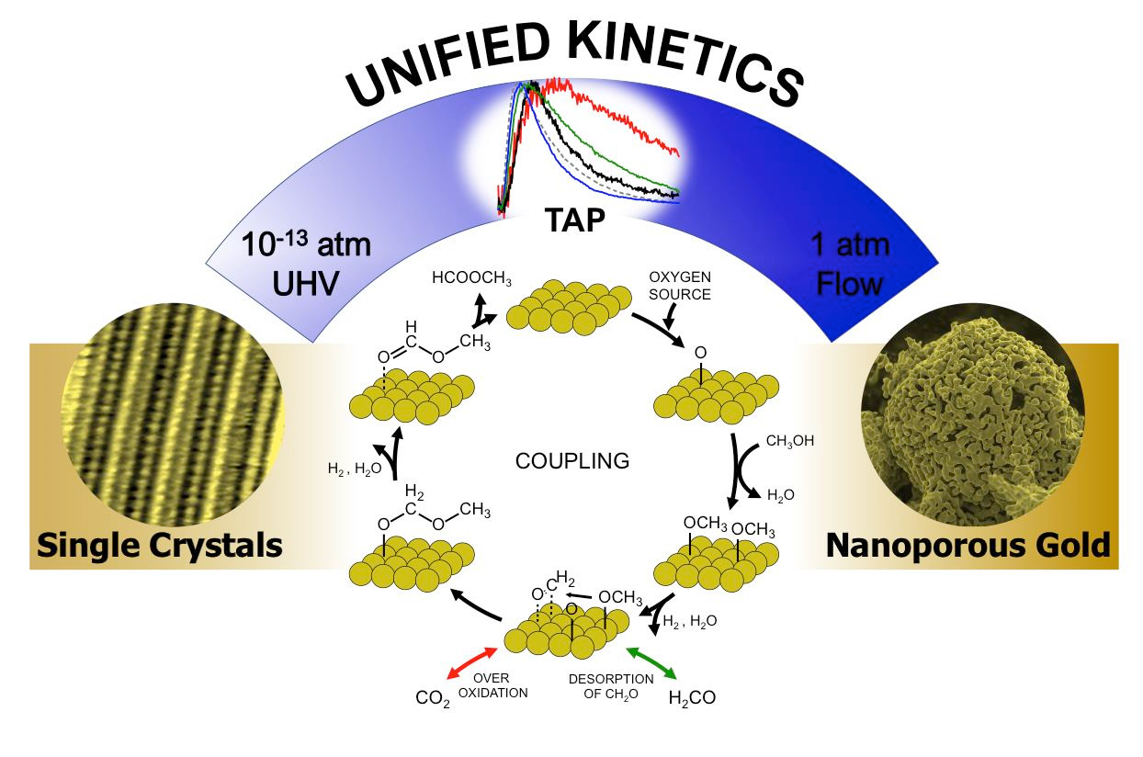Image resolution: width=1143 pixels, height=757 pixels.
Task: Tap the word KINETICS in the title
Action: (686, 61)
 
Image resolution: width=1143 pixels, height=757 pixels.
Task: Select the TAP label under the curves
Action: (574, 220)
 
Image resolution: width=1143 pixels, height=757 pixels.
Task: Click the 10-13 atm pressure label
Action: (306, 244)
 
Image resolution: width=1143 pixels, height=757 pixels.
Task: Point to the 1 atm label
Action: (850, 245)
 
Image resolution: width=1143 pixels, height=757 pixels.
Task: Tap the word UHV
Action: (306, 284)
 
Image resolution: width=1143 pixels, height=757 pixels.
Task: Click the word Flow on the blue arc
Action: (850, 284)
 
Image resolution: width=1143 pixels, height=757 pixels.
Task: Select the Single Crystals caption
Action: (160, 547)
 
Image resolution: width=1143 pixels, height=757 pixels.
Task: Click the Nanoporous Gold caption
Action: (968, 546)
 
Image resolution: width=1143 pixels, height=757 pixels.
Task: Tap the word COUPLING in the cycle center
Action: (572, 461)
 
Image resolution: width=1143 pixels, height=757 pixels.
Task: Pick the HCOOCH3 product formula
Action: (471, 278)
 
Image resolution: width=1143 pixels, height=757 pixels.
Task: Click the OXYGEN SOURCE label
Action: (680, 286)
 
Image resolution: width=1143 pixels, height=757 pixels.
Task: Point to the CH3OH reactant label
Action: (790, 442)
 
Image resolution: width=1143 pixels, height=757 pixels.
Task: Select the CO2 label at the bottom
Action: (433, 698)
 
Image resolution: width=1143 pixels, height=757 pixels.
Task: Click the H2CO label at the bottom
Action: (692, 698)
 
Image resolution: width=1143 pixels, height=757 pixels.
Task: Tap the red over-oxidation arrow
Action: (471, 662)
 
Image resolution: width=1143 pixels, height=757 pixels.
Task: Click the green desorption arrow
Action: (651, 662)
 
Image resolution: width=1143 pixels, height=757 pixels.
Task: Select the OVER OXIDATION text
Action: (492, 685)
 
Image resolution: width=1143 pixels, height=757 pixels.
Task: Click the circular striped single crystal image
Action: (173, 414)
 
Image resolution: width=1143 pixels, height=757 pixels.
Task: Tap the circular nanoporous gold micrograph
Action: (973, 414)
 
